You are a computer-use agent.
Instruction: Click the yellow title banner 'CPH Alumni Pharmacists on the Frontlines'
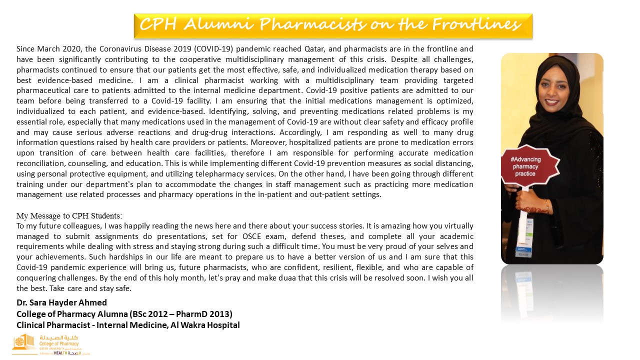(x=333, y=25)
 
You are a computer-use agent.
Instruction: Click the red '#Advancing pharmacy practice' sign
(x=525, y=166)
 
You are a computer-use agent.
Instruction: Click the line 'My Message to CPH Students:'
(x=69, y=215)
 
